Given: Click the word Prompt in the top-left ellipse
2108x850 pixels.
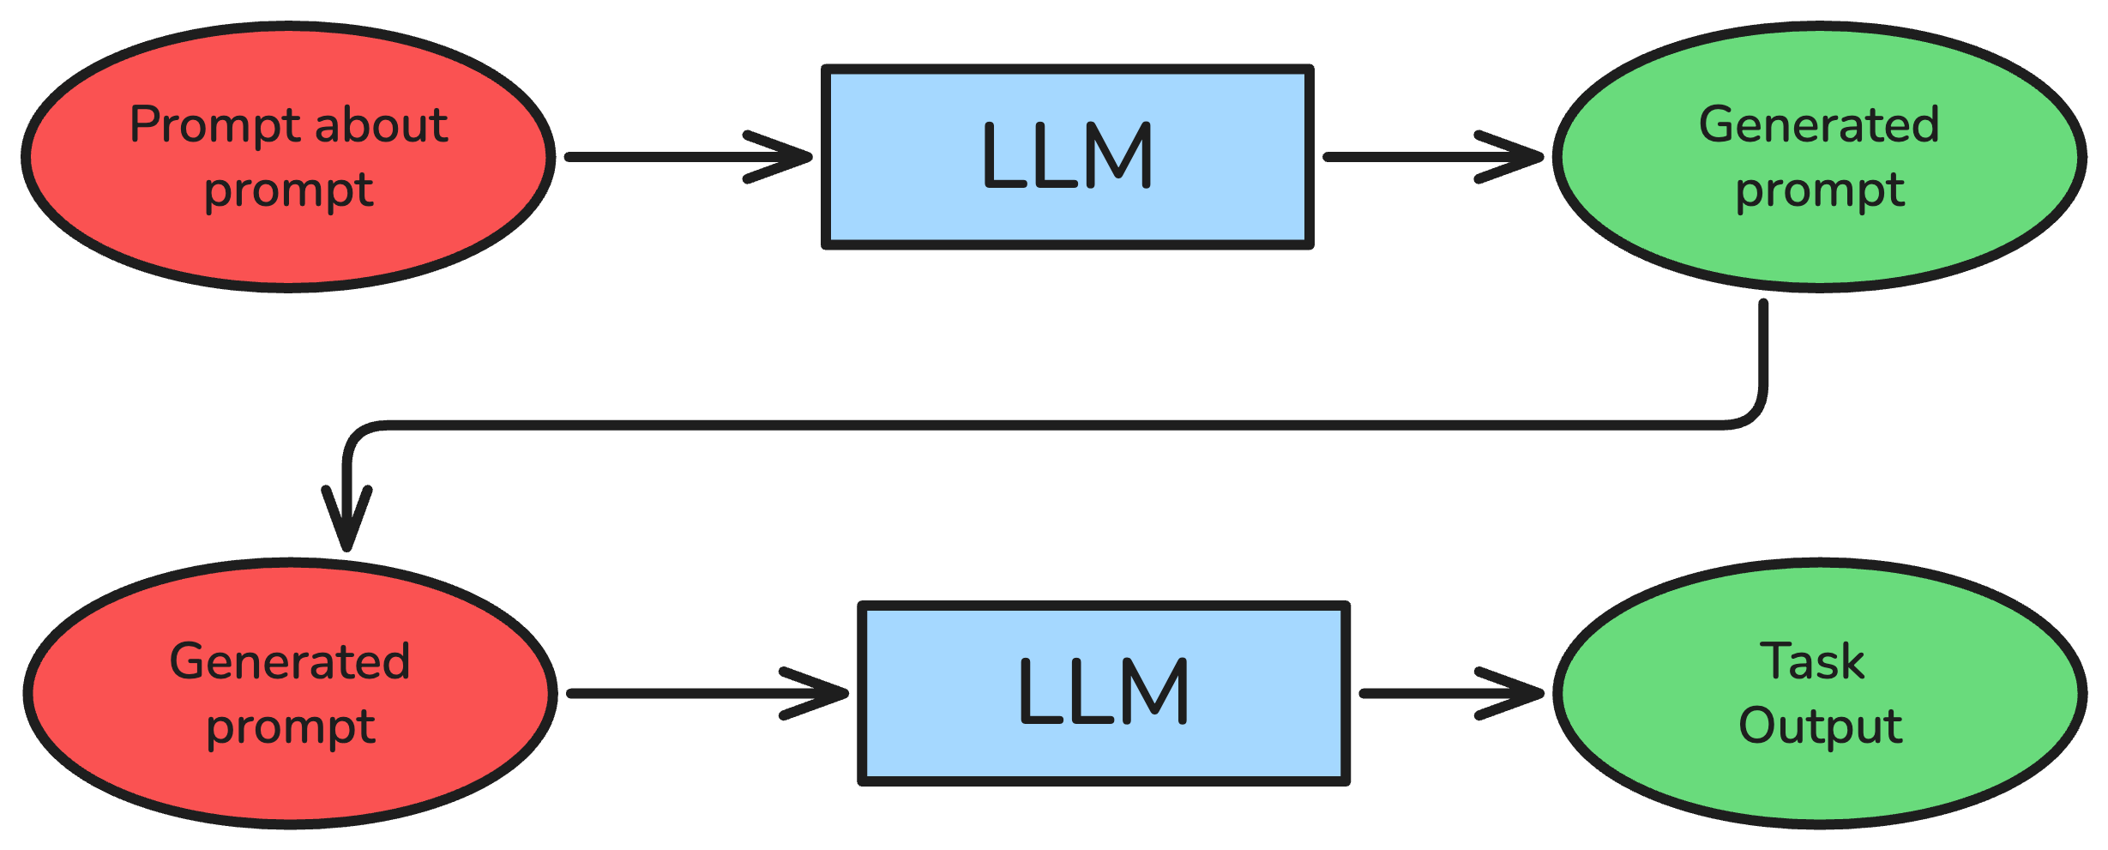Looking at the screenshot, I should (216, 126).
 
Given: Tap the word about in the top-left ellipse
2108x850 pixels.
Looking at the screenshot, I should (382, 126).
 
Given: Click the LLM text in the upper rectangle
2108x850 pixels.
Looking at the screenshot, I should (1067, 155).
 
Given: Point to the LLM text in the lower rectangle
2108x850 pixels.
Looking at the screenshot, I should (1104, 691).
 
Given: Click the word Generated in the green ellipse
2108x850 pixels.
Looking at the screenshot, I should (1819, 126).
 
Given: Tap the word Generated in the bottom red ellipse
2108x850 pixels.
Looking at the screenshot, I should (290, 662).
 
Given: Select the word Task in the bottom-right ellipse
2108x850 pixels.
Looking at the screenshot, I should (1812, 662).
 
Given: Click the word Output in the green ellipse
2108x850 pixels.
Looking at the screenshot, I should (1820, 726).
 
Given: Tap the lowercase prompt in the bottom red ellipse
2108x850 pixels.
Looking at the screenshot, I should (291, 728).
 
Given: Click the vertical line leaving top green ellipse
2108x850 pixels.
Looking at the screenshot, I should (1763, 352).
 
